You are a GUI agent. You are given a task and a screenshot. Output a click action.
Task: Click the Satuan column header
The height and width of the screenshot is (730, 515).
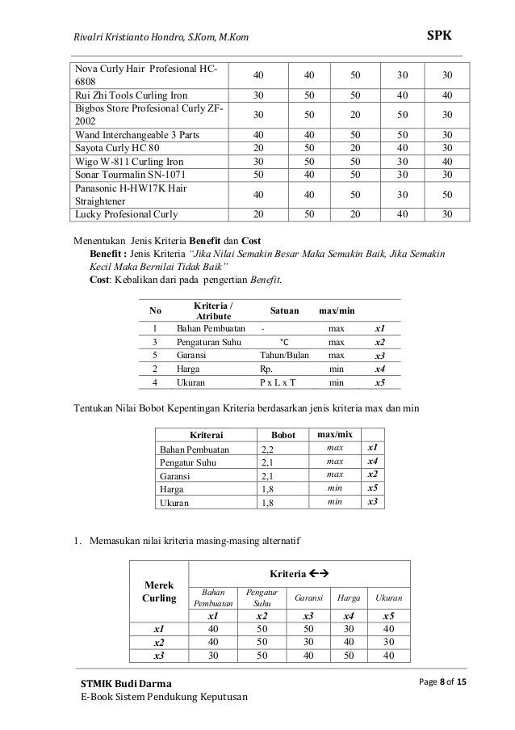point(284,310)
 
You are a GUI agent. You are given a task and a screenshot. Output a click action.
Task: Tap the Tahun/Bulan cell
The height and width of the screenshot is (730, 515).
point(283,355)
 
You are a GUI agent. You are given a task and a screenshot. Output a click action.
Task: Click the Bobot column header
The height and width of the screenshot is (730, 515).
point(283,435)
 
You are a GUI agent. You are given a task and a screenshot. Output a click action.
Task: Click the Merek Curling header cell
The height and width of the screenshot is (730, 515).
point(159,592)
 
